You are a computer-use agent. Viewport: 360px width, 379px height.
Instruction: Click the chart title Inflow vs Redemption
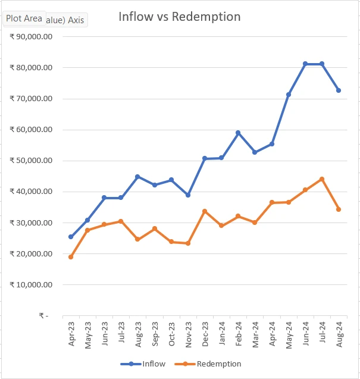[x=179, y=17]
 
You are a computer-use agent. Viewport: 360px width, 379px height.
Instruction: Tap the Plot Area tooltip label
[x=24, y=18]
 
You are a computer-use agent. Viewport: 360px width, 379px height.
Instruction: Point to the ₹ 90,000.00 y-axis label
[x=32, y=37]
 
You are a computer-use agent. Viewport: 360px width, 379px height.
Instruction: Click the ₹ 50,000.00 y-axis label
[x=32, y=161]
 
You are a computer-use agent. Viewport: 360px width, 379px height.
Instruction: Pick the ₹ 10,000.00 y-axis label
[x=32, y=284]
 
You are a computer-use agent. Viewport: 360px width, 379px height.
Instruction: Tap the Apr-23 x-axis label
[x=71, y=334]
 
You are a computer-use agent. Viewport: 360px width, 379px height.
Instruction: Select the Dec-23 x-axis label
[x=205, y=334]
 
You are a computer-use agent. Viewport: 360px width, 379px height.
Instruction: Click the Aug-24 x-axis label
[x=339, y=334]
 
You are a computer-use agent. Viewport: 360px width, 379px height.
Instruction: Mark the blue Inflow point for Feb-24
[x=238, y=133]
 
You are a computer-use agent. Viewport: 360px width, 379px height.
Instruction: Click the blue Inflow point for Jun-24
[x=305, y=64]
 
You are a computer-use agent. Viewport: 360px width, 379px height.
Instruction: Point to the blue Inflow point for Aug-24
[x=339, y=90]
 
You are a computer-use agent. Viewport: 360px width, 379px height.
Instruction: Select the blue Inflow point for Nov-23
[x=188, y=195]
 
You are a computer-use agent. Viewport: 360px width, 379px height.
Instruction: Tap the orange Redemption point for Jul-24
[x=322, y=179]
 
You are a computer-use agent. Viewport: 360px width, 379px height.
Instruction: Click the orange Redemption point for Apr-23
[x=71, y=257]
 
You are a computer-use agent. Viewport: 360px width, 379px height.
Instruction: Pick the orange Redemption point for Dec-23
[x=205, y=211]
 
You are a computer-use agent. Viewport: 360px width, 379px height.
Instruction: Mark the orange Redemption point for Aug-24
[x=339, y=209]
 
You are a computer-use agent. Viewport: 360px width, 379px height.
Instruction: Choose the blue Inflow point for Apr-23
[x=71, y=237]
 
